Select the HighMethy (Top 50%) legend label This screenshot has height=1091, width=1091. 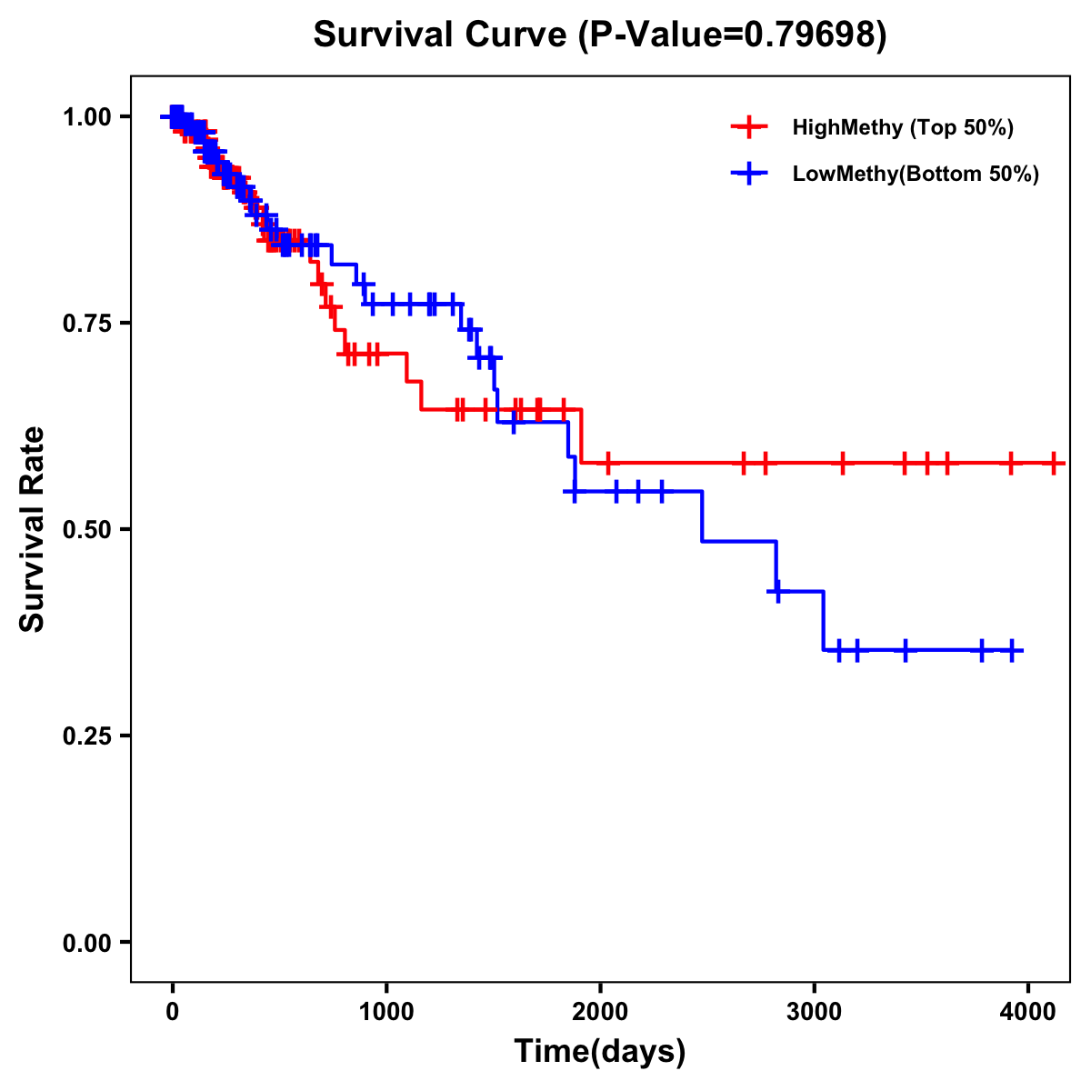coord(902,127)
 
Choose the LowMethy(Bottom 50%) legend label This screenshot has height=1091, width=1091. coord(916,174)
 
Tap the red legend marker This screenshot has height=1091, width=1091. coord(749,127)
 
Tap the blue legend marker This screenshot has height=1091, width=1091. coord(749,174)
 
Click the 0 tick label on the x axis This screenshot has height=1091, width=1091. coord(172,1013)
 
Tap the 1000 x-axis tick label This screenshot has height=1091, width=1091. coord(386,1013)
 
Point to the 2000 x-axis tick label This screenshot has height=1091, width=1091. coord(600,1013)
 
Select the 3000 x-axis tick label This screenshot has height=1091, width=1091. coord(814,1013)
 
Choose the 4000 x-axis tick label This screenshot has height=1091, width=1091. coord(1027,1013)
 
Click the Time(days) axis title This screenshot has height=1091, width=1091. coord(600,1052)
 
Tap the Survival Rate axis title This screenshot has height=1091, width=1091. coord(33,529)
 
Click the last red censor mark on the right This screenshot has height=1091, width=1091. coord(1054,463)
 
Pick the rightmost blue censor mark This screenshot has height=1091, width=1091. coord(1012,650)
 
